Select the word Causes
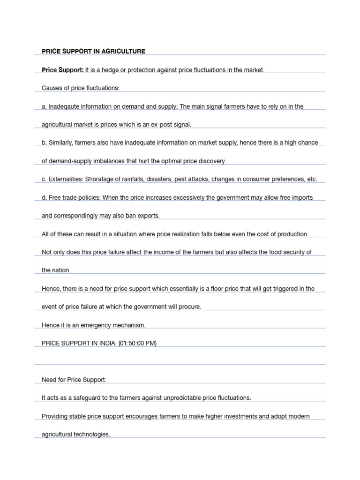(52, 88)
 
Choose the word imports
(302, 197)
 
